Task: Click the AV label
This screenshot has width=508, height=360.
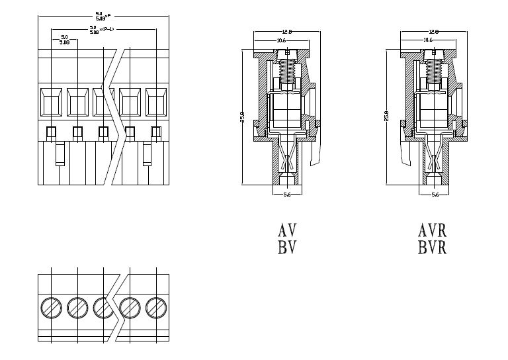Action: point(287,231)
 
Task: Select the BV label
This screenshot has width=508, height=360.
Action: point(287,247)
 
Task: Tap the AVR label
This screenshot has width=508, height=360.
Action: point(433,231)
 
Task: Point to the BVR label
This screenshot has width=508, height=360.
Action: point(433,247)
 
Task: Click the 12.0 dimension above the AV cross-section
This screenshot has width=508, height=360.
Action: point(286,31)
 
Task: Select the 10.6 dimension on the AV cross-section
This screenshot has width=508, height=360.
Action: point(281,40)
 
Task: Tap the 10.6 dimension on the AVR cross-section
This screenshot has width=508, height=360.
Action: point(428,40)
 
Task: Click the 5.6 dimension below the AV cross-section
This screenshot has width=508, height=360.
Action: point(286,195)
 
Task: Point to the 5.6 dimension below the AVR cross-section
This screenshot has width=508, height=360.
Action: point(435,195)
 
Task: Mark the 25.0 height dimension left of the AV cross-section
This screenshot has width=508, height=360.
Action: point(243,117)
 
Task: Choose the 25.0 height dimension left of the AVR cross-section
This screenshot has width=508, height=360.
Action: point(387,116)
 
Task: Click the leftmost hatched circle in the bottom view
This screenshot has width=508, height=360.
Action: point(51,307)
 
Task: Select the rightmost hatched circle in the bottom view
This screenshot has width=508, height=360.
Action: point(155,307)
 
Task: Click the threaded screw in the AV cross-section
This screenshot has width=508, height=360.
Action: point(286,69)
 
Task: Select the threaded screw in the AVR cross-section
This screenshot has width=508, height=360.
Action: point(434,69)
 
